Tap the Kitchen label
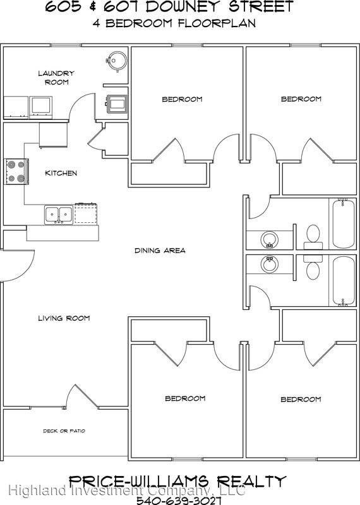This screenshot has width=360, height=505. (61, 173)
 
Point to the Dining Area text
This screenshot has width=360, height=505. (160, 251)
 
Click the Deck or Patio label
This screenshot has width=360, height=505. (64, 431)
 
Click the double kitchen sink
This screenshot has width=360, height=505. (57, 215)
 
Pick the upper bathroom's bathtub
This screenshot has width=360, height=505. (344, 224)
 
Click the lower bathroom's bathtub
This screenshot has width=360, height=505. (344, 282)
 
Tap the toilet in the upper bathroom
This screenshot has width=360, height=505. (312, 235)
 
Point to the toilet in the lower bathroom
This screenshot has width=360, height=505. (312, 268)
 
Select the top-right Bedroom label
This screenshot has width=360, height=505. (301, 99)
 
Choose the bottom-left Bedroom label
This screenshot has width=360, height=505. (185, 398)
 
